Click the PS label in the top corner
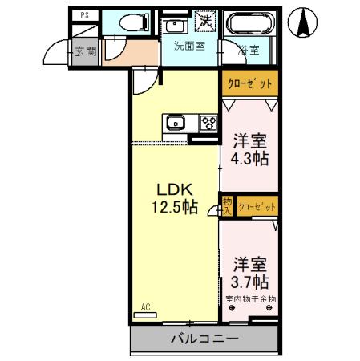(84, 15)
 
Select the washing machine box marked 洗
(206, 22)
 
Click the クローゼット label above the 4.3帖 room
(249, 83)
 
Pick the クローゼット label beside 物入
(257, 207)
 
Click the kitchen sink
(176, 123)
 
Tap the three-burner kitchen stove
(208, 123)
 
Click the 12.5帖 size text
(176, 208)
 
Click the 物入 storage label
(228, 206)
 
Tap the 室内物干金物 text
(250, 299)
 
